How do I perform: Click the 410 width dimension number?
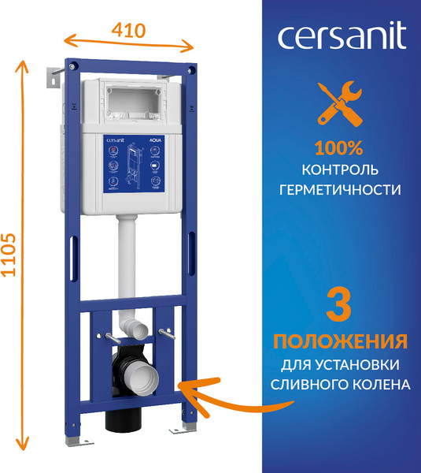point(129,31)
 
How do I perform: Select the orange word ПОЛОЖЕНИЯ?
point(339,342)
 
